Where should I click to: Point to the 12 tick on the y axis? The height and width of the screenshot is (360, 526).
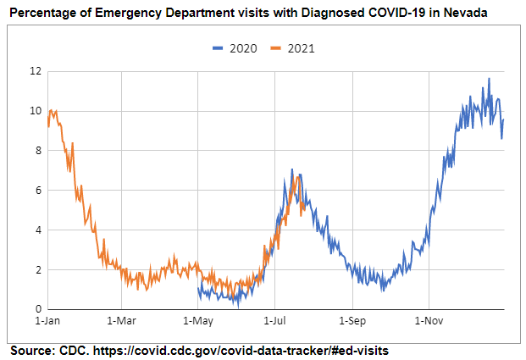click(35, 71)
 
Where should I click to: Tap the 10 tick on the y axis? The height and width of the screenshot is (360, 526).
click(35, 111)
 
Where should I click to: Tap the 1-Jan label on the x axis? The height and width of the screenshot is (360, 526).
click(47, 322)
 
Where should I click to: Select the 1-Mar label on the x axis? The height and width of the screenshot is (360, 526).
click(122, 322)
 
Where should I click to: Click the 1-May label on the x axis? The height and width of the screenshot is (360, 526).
click(198, 322)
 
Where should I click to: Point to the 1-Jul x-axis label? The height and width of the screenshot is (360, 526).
click(274, 322)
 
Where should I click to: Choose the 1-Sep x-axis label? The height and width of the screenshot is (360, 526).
click(352, 322)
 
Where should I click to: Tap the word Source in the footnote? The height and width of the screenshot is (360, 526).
click(31, 350)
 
